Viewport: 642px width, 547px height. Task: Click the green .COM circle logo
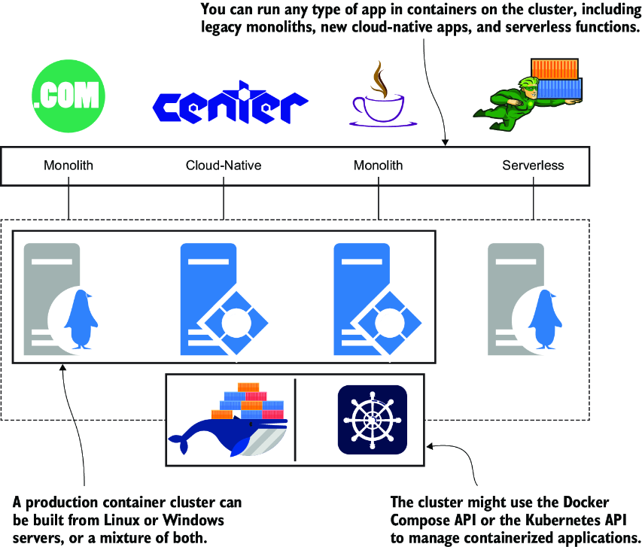click(68, 96)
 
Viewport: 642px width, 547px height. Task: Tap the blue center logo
click(230, 102)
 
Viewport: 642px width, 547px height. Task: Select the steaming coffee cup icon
click(383, 94)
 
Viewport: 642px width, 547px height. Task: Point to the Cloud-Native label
click(224, 165)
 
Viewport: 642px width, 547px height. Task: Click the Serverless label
click(533, 165)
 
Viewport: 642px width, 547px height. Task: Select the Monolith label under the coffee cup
click(379, 165)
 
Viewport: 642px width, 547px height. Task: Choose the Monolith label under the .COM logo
click(68, 165)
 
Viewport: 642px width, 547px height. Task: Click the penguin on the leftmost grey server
click(81, 319)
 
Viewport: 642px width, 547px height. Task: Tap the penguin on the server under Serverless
click(545, 319)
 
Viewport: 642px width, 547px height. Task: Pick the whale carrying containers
click(229, 420)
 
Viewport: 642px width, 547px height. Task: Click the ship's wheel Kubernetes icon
click(373, 420)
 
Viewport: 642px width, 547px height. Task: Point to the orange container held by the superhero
click(555, 69)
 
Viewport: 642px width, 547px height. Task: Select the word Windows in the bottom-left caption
click(193, 520)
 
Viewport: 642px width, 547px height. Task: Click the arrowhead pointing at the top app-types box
click(445, 142)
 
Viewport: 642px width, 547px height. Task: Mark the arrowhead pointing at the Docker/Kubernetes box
click(430, 446)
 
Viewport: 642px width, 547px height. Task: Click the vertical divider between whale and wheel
click(295, 420)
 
